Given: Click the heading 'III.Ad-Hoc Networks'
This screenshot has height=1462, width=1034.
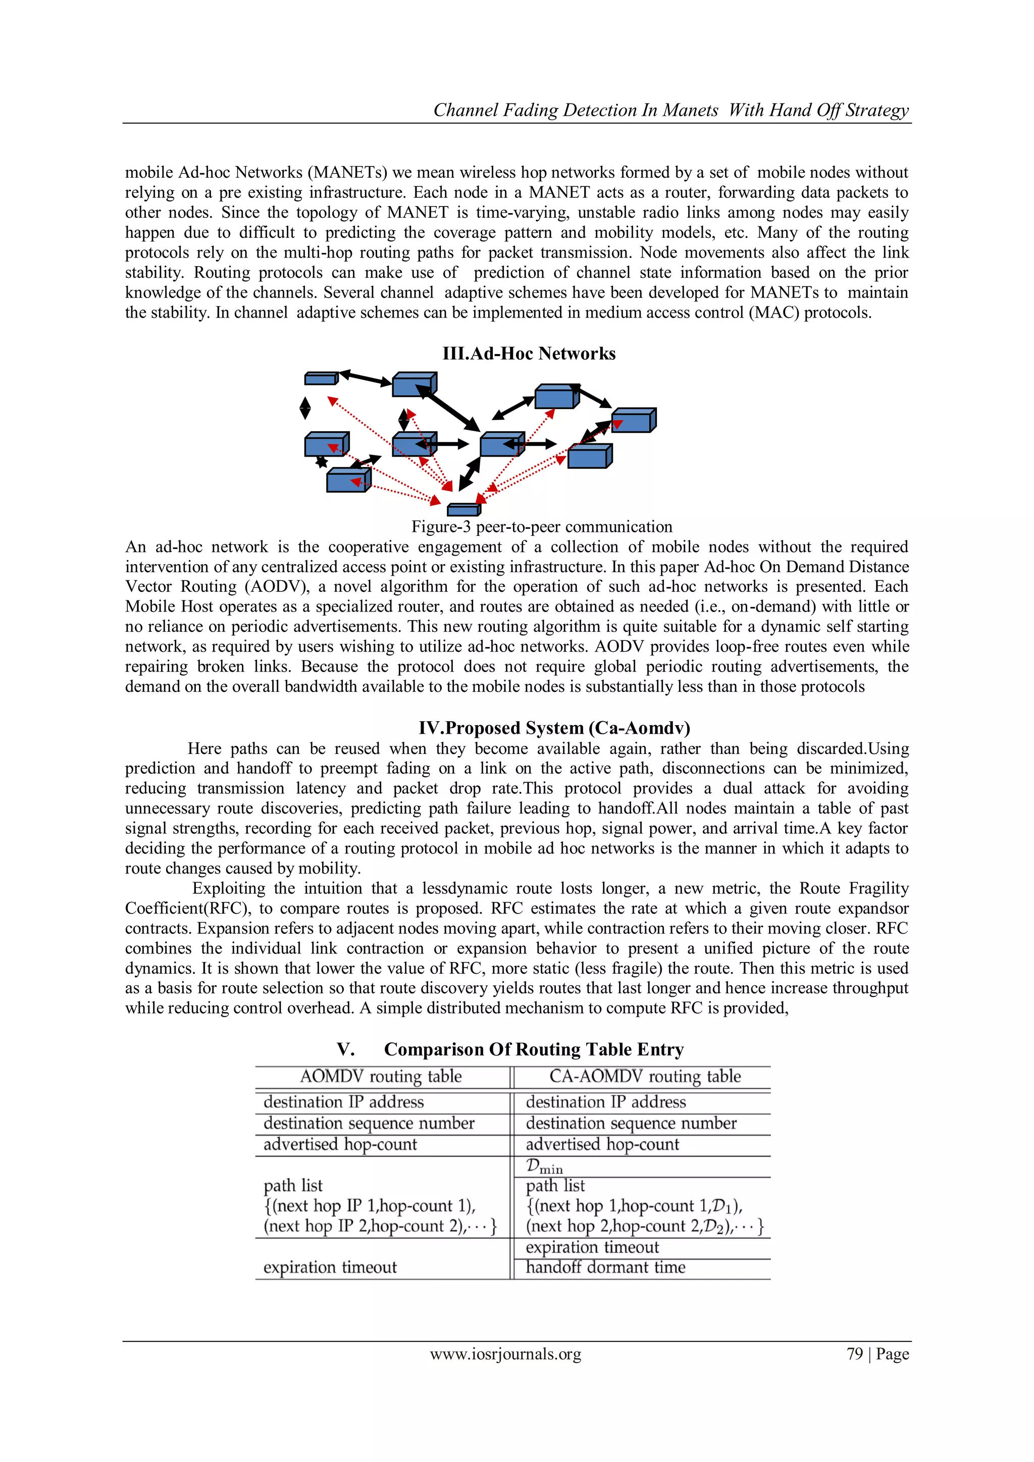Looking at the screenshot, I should point(529,354).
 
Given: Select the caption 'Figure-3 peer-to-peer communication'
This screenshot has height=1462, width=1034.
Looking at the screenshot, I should point(542,527).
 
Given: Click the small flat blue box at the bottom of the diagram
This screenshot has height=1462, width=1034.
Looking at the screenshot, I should point(463,510).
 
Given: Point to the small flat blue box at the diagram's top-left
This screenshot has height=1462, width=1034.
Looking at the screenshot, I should point(321,378).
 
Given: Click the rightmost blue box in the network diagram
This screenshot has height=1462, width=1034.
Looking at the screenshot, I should point(634,420).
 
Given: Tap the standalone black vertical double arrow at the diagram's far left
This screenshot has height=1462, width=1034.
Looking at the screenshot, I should point(305,408).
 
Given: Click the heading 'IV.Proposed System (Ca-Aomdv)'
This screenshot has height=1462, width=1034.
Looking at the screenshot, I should point(554,728).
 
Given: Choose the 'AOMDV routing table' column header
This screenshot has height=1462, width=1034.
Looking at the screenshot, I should point(381,1076).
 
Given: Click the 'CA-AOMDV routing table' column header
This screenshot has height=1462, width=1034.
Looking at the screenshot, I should point(644,1076).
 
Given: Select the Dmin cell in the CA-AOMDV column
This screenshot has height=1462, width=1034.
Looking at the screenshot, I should point(544,1167).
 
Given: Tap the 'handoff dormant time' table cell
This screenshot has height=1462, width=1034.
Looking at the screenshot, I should point(605,1267).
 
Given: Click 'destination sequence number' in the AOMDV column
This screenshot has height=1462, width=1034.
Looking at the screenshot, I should point(369,1123).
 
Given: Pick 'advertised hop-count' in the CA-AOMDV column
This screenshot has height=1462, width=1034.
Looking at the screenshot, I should point(602,1144).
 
